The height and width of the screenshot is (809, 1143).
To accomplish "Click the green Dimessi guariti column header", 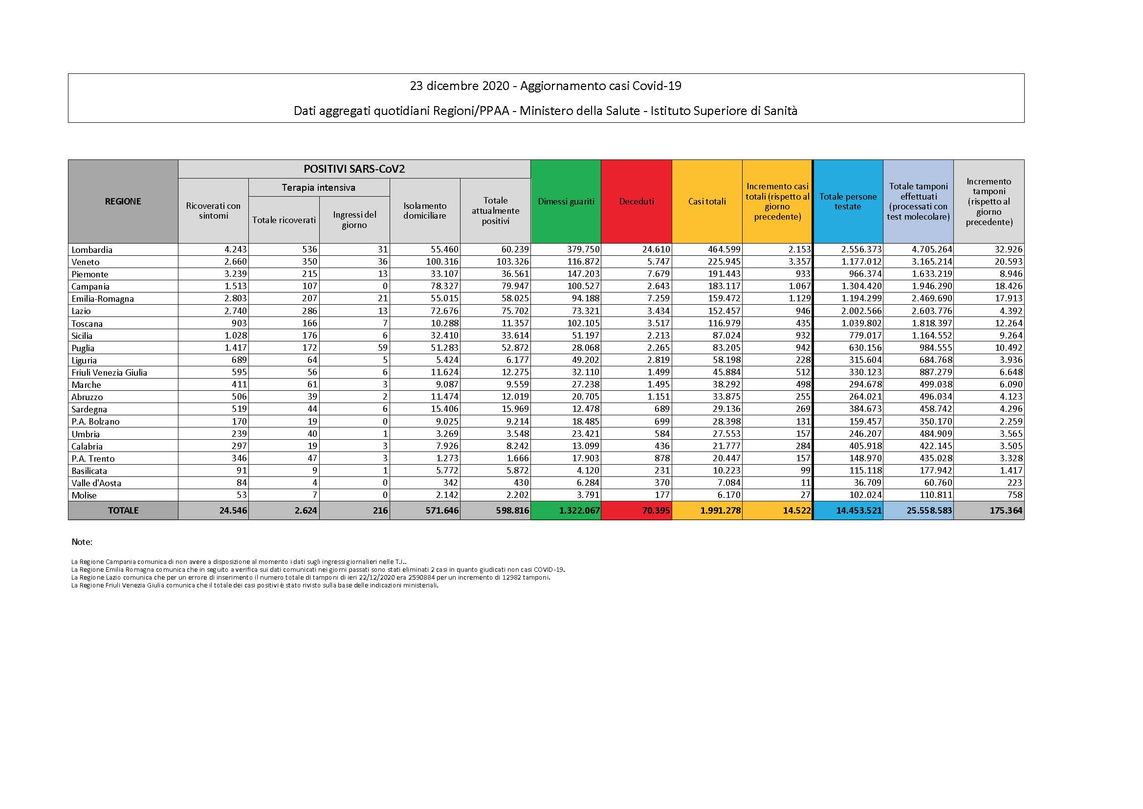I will coord(566,201).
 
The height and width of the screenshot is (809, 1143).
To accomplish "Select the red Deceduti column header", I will coord(636,201).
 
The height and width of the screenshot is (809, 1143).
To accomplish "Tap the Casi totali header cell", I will coord(706,201).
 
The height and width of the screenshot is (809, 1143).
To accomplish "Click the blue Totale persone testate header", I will coord(848,201).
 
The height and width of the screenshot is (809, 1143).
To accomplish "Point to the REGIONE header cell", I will coord(123,201).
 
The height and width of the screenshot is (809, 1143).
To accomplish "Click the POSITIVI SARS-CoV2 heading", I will coord(354,169).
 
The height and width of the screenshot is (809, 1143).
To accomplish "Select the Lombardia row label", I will coord(92,249).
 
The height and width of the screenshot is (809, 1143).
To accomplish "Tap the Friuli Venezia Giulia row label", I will coord(110,372).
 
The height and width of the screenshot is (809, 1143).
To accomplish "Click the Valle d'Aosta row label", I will coord(96,483).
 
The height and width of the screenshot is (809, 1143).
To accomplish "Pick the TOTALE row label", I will coord(123,511).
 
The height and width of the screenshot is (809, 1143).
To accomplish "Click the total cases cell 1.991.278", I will coord(720,511).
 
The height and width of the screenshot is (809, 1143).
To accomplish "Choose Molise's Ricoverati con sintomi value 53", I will coord(240,495).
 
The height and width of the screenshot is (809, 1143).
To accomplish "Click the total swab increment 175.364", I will coord(1006,511).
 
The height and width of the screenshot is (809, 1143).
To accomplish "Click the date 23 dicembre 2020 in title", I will coord(460,86).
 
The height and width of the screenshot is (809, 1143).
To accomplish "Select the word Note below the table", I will coord(82,542).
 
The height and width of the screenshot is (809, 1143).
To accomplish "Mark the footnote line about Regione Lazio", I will coord(310,577).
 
